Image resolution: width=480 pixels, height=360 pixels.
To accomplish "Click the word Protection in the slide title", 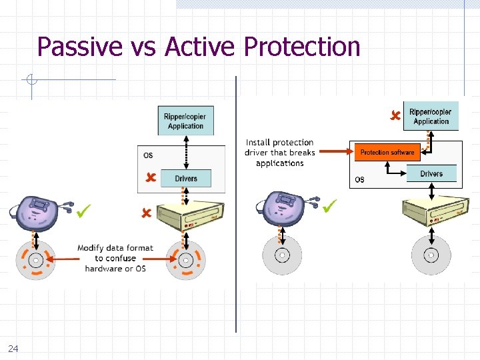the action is [302, 47].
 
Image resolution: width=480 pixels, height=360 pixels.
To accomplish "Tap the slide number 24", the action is [13, 348].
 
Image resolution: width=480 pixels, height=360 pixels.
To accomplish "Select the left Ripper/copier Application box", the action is [185, 121].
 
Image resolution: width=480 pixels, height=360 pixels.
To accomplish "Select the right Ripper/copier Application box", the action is [430, 117].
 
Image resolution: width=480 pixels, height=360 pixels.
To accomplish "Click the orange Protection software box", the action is [387, 153].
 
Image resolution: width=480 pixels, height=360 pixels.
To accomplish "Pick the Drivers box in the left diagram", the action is [186, 178].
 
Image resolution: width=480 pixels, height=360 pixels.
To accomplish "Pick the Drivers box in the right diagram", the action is [431, 174].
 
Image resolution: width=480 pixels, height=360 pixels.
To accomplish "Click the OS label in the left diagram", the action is [148, 155].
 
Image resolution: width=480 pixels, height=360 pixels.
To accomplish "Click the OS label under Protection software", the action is [360, 179].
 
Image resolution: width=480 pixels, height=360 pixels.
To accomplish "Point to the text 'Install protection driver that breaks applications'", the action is [279, 153].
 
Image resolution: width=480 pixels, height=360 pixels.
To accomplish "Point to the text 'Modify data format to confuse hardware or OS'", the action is [115, 258].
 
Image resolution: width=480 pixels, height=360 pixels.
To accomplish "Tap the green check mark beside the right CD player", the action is [329, 207].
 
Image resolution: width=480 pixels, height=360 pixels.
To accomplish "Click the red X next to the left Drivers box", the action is [151, 177].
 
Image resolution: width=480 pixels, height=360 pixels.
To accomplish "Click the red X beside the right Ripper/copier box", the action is [395, 116].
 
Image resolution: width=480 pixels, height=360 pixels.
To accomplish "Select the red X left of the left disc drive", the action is [146, 213].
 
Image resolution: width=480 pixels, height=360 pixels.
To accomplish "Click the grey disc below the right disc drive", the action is [431, 255].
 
